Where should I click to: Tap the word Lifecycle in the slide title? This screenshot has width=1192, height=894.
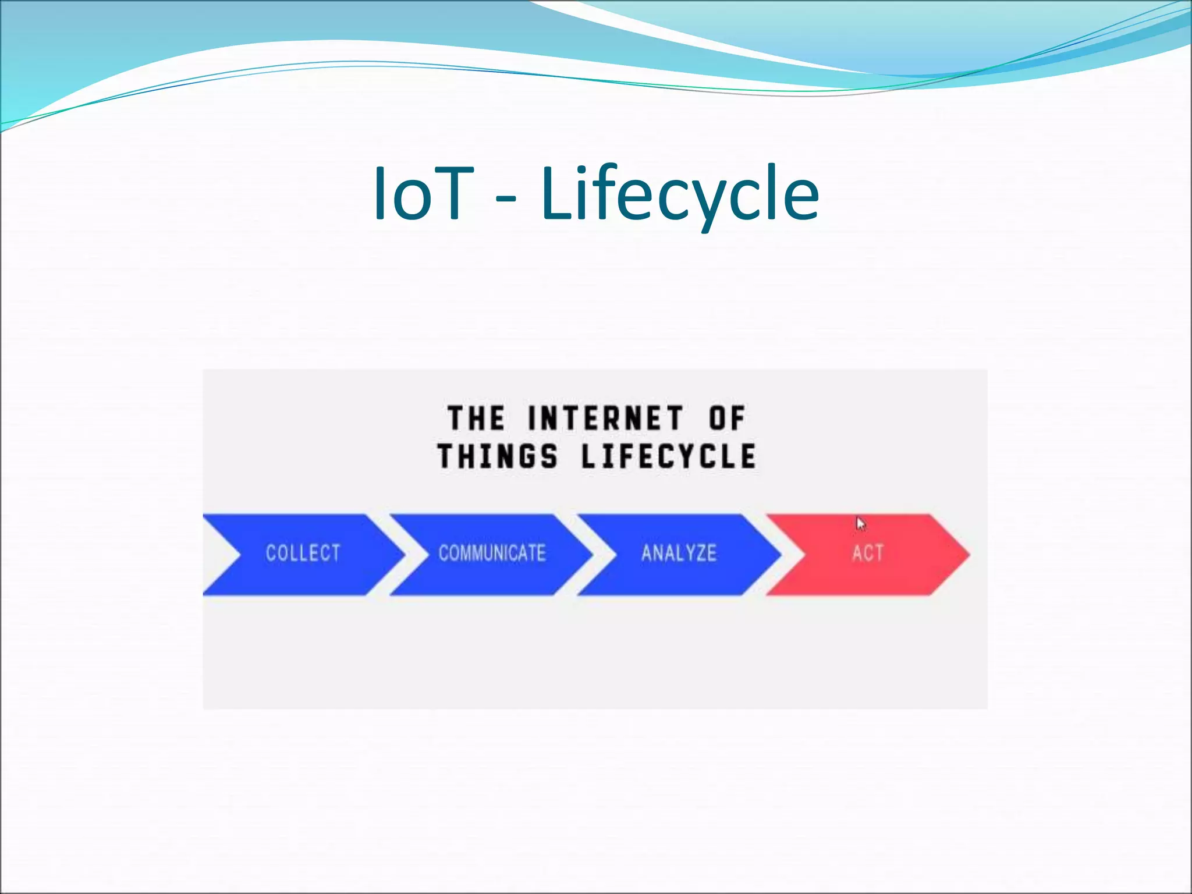[680, 195]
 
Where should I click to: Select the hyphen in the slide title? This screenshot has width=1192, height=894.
[506, 201]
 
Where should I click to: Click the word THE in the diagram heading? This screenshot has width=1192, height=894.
[476, 418]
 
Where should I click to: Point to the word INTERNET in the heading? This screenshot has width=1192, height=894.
[605, 418]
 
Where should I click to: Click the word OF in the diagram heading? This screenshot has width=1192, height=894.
[726, 418]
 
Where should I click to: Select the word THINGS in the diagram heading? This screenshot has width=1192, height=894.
[498, 456]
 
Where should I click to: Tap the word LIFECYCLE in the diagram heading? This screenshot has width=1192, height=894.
[669, 456]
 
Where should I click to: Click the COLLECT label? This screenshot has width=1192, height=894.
[303, 553]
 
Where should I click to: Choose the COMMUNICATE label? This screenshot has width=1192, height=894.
[492, 553]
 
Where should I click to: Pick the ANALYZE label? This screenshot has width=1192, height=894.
[679, 553]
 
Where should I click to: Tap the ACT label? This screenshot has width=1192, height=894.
[867, 553]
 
